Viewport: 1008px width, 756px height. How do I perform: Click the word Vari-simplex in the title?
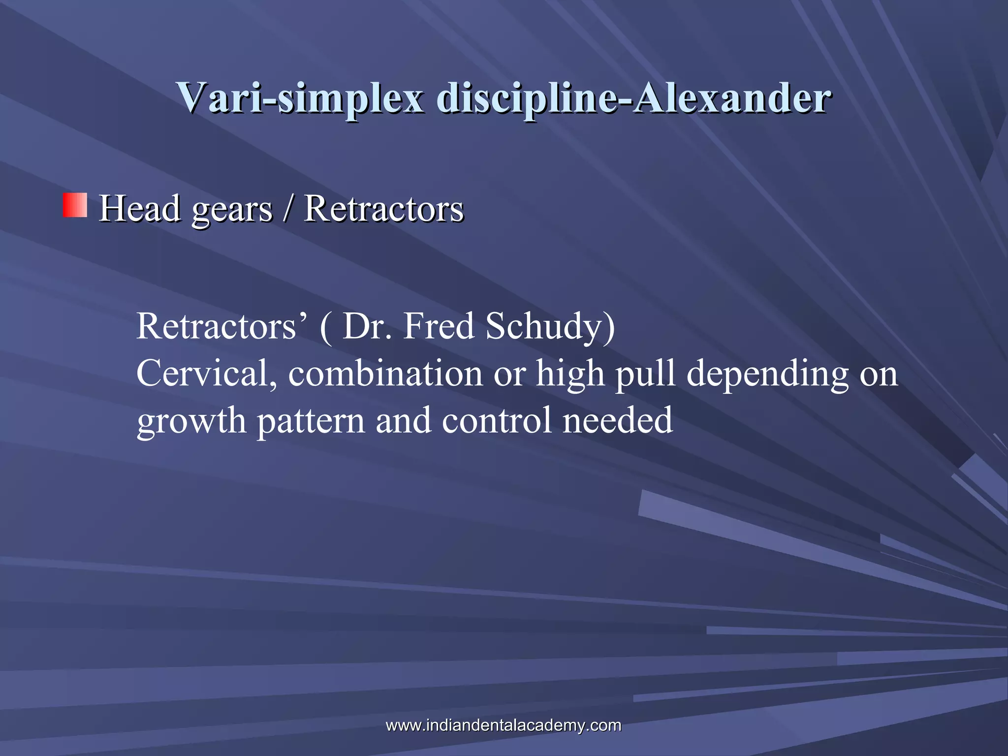300,98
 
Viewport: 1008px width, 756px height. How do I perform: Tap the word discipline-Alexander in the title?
634,98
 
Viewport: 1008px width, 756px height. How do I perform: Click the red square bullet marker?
75,205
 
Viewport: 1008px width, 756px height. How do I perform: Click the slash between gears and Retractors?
287,209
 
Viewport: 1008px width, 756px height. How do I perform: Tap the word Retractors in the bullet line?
384,209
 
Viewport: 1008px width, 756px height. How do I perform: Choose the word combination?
385,373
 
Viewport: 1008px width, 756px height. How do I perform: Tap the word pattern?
311,421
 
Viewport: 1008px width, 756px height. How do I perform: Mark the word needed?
617,420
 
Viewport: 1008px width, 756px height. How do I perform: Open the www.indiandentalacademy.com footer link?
503,725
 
